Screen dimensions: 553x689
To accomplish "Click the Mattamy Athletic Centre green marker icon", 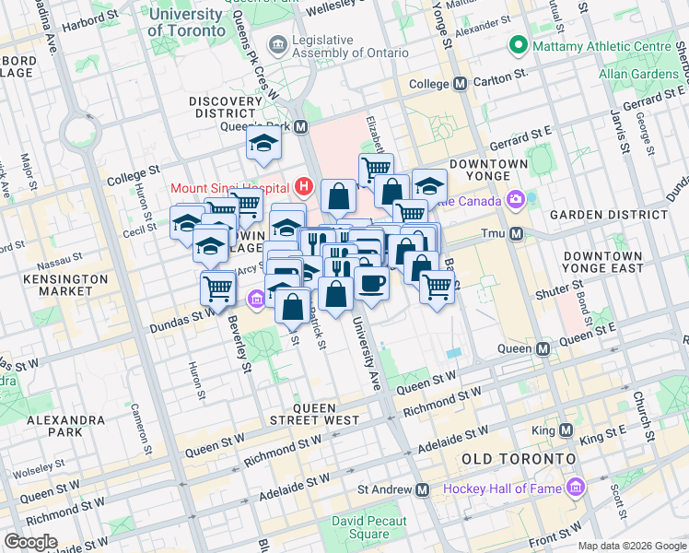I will [x=519, y=45].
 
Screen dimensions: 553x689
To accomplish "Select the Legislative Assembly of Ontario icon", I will [x=276, y=45].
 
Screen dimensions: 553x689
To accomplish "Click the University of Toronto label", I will [x=184, y=22].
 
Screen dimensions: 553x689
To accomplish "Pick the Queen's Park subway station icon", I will [x=301, y=126].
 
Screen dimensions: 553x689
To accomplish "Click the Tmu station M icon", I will [x=517, y=234].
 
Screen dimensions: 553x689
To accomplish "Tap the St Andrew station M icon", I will [x=423, y=489].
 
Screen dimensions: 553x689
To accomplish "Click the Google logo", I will [x=30, y=542].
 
